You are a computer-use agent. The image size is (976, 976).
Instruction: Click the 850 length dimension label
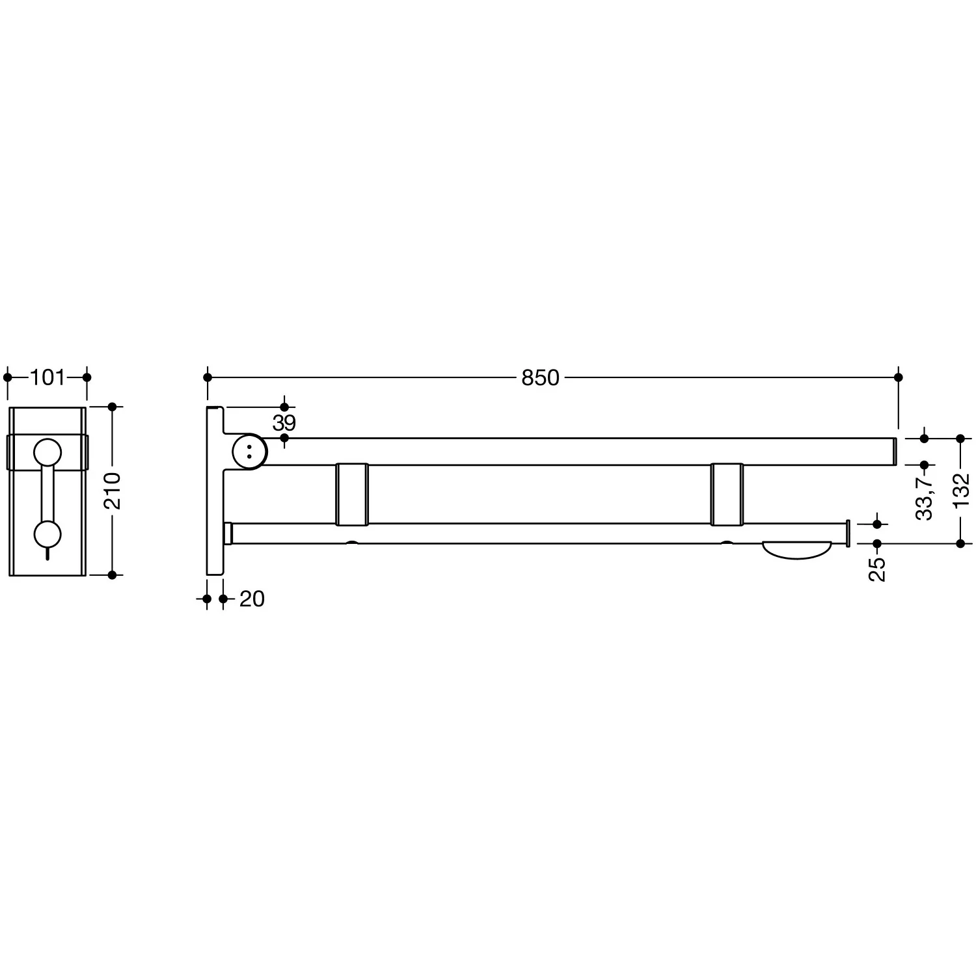point(540,377)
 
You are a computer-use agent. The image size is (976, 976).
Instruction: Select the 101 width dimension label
point(47,377)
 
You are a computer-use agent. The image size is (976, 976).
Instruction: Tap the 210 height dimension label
point(112,491)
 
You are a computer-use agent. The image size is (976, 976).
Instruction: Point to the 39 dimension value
point(284,423)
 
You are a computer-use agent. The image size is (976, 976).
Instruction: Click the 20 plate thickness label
point(252,599)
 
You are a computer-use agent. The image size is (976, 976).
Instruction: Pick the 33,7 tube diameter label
point(925,496)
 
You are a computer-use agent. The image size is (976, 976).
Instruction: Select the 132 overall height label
point(961,491)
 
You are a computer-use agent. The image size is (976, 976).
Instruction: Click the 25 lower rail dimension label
point(877,569)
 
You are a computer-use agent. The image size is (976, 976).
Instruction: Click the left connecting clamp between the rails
point(352,494)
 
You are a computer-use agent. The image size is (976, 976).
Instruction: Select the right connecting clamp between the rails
point(727,494)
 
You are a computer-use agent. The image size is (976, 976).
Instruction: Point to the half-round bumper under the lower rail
point(797,550)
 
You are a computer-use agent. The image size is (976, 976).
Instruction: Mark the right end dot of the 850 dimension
point(899,377)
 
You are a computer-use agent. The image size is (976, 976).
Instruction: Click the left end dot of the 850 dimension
point(208,377)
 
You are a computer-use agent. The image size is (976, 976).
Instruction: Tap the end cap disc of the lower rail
point(848,534)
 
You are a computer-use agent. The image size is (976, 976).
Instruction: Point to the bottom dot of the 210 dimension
point(112,575)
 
